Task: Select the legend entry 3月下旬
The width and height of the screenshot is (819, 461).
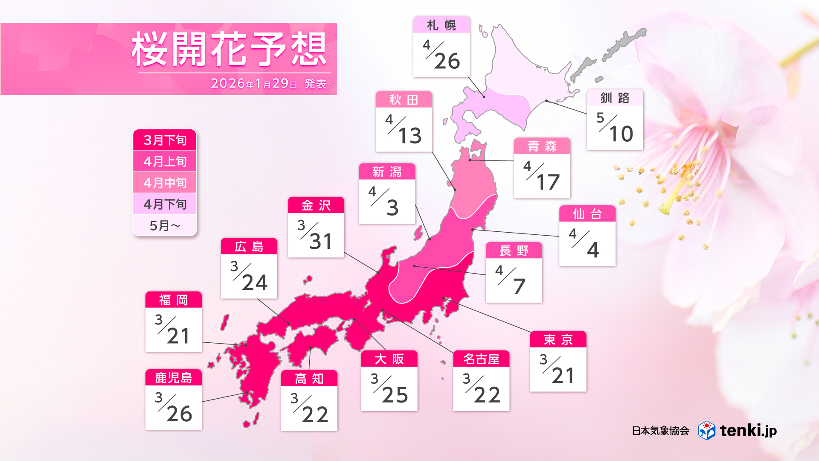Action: [165, 140]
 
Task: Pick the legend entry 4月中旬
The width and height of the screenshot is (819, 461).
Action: [165, 183]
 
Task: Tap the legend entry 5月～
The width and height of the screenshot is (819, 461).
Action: [165, 225]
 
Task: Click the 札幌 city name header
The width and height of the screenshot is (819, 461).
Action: [441, 25]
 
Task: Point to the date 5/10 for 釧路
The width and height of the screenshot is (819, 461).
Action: [615, 128]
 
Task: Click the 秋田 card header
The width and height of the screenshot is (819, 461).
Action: [404, 100]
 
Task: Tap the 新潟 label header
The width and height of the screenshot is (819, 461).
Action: [387, 172]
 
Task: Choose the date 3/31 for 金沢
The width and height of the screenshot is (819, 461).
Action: [316, 235]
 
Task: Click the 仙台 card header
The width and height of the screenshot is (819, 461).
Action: [587, 214]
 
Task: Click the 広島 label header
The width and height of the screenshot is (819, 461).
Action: [249, 247]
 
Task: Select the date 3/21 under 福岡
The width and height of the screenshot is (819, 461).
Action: [173, 330]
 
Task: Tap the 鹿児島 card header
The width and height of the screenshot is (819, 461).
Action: [173, 378]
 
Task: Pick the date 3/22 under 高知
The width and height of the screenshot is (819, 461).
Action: [309, 408]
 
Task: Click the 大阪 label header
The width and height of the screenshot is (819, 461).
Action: [389, 359]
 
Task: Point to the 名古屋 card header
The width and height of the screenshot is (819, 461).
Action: [481, 359]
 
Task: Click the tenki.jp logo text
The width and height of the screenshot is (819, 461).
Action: [748, 430]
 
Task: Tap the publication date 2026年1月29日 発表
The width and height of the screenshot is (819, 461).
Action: [269, 84]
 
